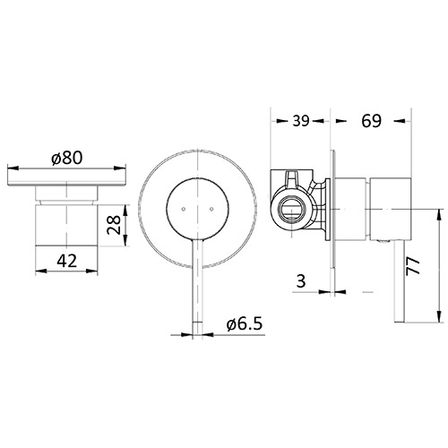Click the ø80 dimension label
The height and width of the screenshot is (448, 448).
(x=67, y=158)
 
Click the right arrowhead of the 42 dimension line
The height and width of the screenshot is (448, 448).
(x=97, y=271)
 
